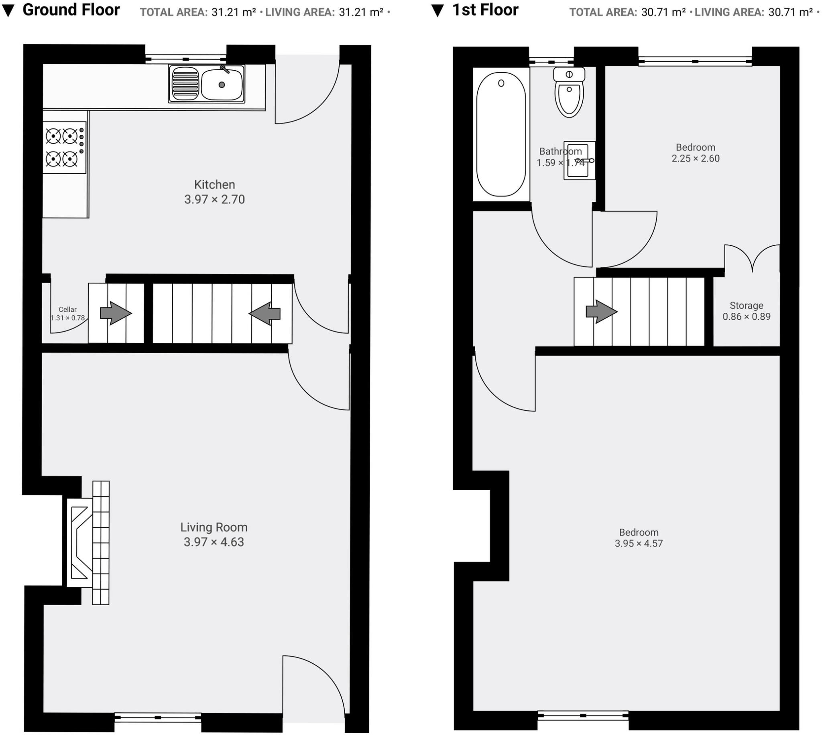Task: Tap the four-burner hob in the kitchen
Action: coord(64,147)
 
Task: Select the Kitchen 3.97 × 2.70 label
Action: coord(214,192)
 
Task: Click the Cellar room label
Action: coord(67,313)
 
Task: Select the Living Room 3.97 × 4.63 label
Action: coord(214,534)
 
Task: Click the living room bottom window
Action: coord(158,717)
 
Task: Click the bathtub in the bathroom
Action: coord(501,134)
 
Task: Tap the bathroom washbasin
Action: coord(579,160)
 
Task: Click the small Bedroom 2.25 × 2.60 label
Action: coord(695,153)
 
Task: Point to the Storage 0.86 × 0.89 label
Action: coord(746,311)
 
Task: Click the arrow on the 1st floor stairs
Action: coord(601,311)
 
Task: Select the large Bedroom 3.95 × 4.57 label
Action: coord(639,538)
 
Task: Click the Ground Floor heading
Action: coord(71,10)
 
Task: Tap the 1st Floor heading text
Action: coord(485,10)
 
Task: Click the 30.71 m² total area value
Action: coord(663,12)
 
